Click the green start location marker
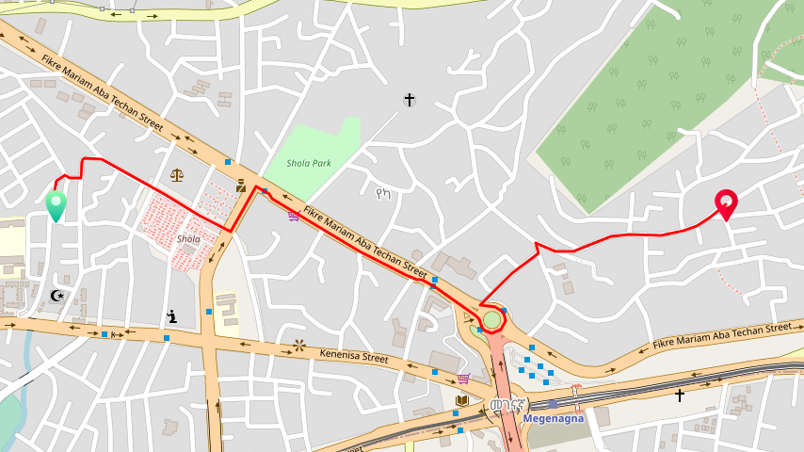(x=56, y=204)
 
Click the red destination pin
(x=726, y=202)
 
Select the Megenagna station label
(x=554, y=417)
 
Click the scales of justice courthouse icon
(x=177, y=174)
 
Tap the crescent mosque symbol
(x=57, y=295)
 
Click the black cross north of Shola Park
(x=410, y=99)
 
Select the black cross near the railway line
(x=680, y=395)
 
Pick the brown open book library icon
(x=461, y=401)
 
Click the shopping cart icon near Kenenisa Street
(x=463, y=379)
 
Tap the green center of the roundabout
(x=491, y=320)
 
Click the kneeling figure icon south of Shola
(x=171, y=316)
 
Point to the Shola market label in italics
(x=188, y=239)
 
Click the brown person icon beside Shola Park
(x=242, y=186)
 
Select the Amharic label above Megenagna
(x=506, y=405)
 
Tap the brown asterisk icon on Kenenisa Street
(x=299, y=345)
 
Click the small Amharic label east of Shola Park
(x=382, y=195)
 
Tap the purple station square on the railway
(x=554, y=404)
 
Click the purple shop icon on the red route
(x=294, y=216)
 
